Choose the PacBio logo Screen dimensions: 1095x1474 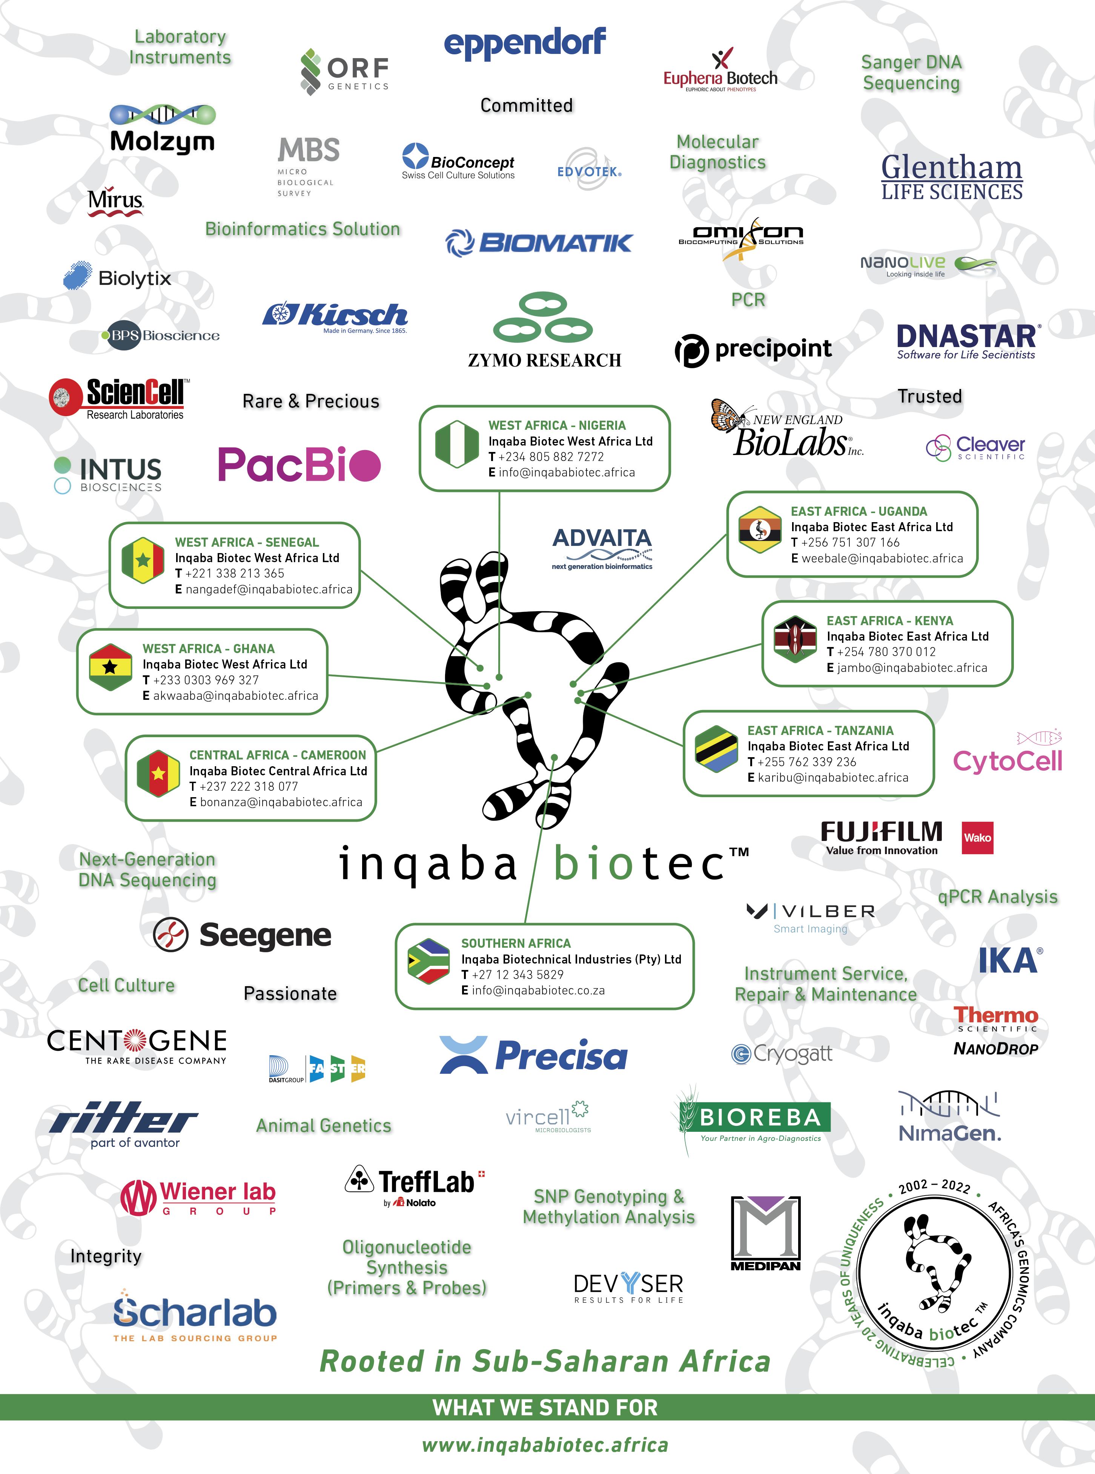click(299, 464)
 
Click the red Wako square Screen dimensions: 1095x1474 click(977, 837)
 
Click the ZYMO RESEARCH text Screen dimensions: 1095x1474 click(544, 360)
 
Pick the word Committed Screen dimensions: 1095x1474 click(526, 105)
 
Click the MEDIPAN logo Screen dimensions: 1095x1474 click(766, 1233)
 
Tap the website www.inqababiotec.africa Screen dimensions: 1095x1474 click(545, 1445)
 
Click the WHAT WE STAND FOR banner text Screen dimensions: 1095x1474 click(545, 1407)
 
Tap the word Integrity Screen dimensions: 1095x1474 click(106, 1256)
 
